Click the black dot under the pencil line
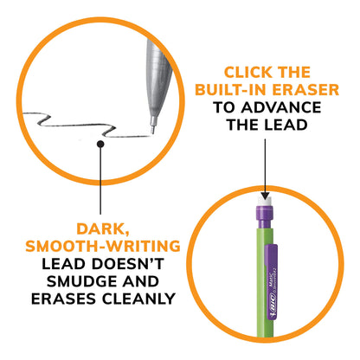click(102, 146)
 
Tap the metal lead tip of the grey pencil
click(154, 130)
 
